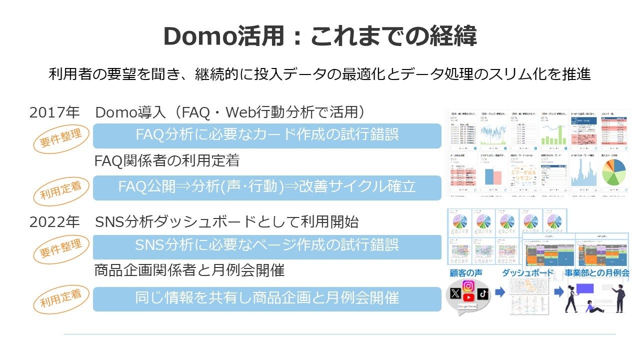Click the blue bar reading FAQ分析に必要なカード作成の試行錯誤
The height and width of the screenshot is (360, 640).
click(x=267, y=135)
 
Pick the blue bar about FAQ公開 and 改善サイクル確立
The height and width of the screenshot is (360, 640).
click(x=267, y=187)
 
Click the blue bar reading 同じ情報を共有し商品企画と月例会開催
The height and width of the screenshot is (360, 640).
click(x=267, y=298)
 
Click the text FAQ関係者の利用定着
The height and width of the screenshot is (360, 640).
click(x=167, y=161)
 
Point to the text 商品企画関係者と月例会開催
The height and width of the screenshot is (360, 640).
click(x=189, y=270)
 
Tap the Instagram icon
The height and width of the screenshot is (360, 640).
click(x=468, y=286)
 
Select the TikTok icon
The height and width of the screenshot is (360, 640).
click(x=482, y=293)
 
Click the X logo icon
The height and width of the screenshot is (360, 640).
click(x=454, y=293)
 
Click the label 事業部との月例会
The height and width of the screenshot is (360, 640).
click(x=596, y=273)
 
